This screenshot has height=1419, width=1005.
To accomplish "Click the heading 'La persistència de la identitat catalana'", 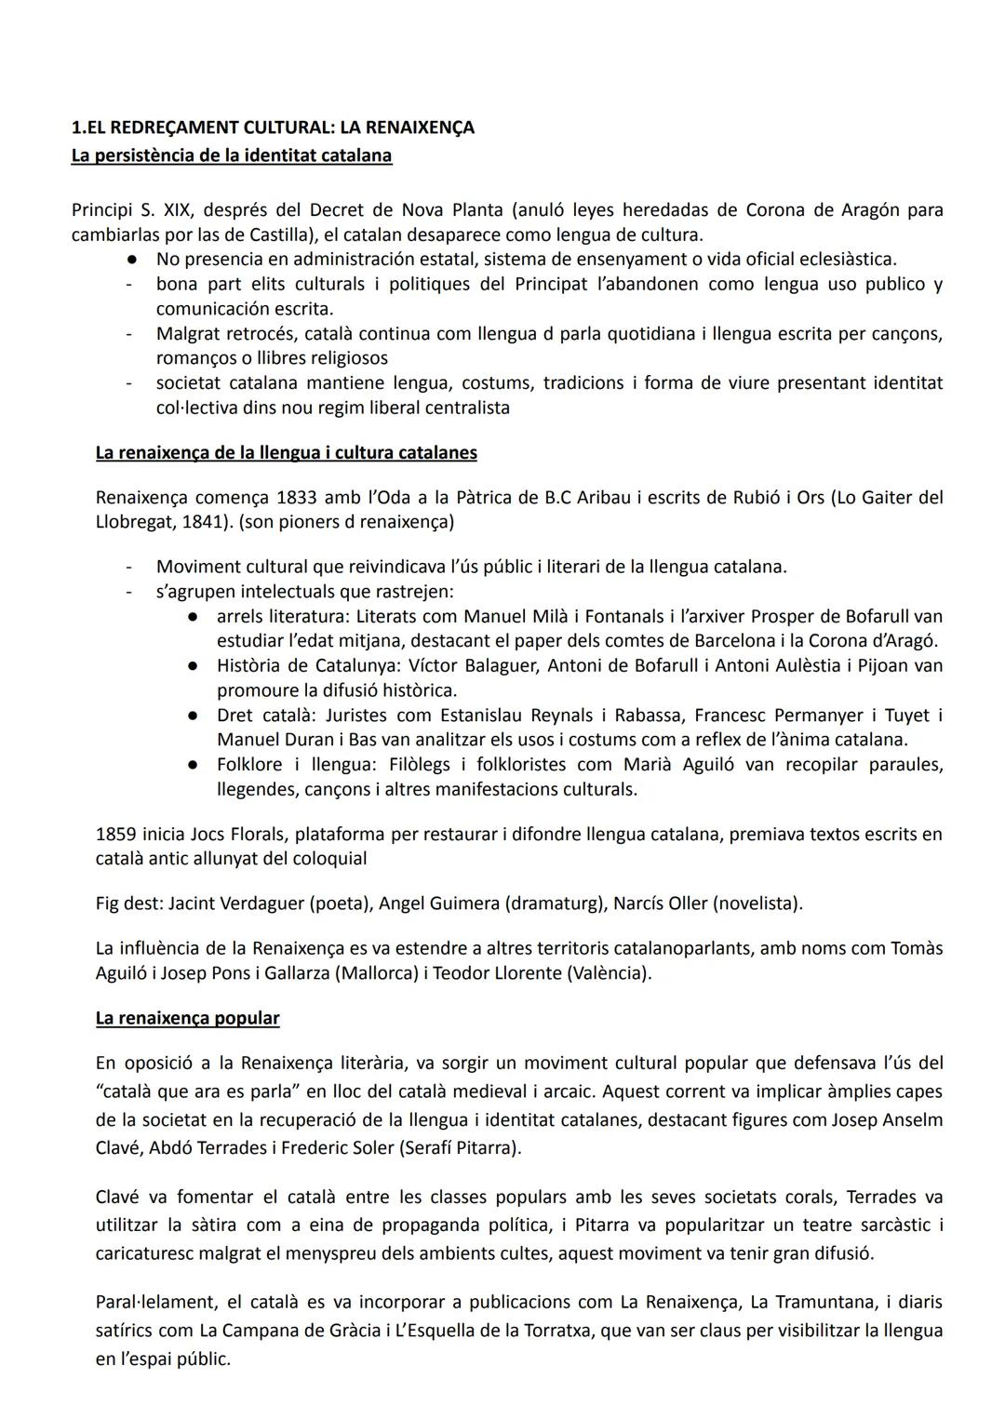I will pyautogui.click(x=231, y=155).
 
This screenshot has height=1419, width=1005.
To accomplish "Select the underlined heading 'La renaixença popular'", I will pyautogui.click(x=187, y=1018).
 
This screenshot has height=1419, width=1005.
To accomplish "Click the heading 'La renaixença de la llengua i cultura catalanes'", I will pyautogui.click(x=286, y=453).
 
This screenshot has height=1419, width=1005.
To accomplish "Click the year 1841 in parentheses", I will pyautogui.click(x=210, y=522).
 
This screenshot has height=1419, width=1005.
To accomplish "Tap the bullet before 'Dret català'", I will pyautogui.click(x=192, y=716).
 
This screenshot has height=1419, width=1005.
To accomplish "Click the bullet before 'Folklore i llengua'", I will pyautogui.click(x=192, y=765).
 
